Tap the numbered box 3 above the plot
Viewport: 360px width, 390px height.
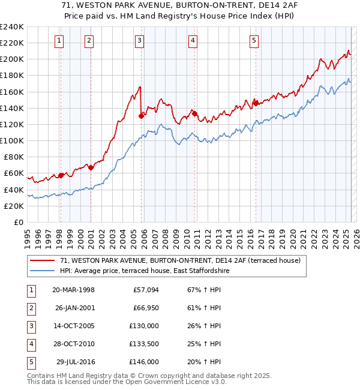139,41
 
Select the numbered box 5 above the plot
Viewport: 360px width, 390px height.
254,41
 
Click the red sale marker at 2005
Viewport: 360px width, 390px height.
141,116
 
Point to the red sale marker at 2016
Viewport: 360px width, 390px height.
256,103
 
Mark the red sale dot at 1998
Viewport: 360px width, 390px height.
61,175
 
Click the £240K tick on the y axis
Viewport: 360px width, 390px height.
12,27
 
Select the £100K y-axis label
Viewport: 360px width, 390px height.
12,140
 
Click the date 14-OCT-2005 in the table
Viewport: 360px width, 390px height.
73,326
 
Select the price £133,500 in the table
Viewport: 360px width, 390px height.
144,344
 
